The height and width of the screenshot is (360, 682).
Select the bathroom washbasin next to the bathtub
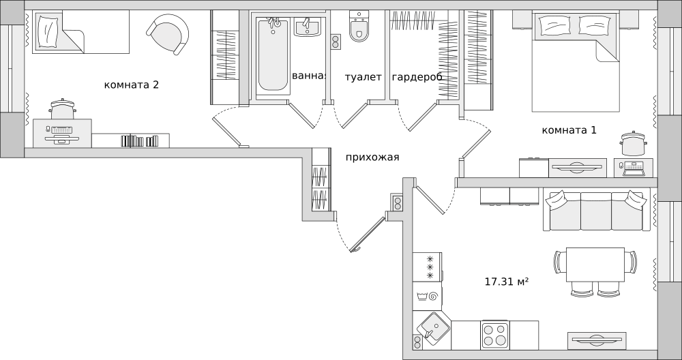pyautogui.click(x=308, y=27)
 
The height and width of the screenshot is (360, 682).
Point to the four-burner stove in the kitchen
pyautogui.click(x=495, y=335)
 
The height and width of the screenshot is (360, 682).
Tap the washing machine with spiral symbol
pyautogui.click(x=427, y=297)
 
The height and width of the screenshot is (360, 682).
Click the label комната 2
pyautogui.click(x=132, y=85)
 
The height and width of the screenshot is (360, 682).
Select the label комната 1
pyautogui.click(x=569, y=130)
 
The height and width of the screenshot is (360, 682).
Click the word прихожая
pyautogui.click(x=372, y=157)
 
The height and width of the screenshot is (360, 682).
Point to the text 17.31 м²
pyautogui.click(x=507, y=282)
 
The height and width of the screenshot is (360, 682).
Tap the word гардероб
pyautogui.click(x=417, y=78)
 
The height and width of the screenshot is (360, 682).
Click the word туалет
pyautogui.click(x=364, y=78)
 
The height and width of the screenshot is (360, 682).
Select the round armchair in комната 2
pyautogui.click(x=168, y=34)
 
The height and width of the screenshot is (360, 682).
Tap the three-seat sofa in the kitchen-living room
pyautogui.click(x=596, y=211)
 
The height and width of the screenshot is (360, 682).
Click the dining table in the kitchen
pyautogui.click(x=595, y=265)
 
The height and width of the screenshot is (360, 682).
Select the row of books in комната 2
pyautogui.click(x=139, y=141)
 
